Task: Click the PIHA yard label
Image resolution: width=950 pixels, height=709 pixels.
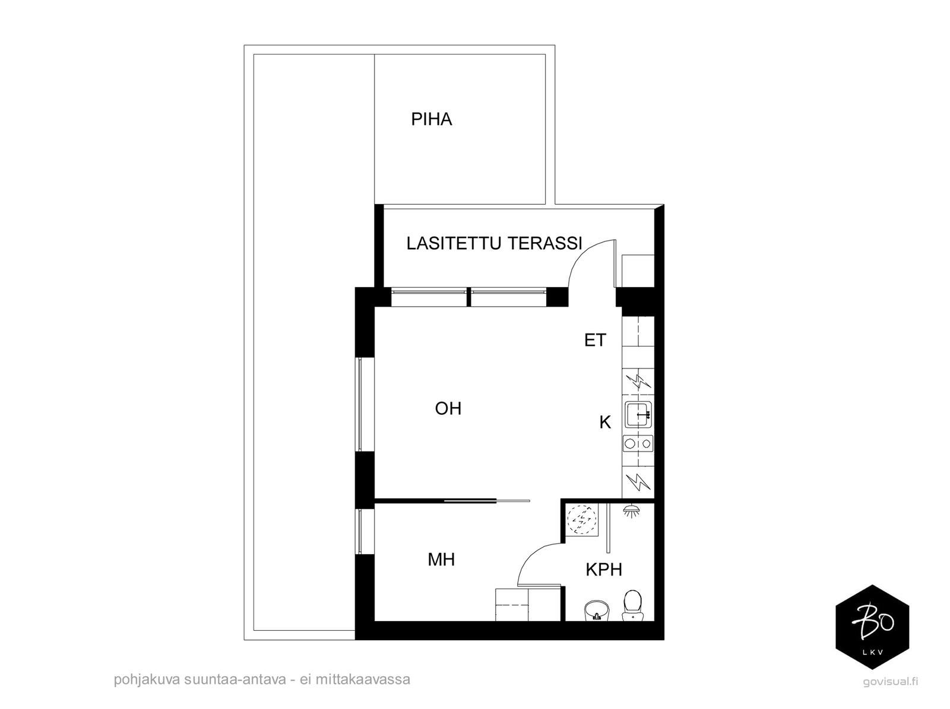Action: click(x=431, y=119)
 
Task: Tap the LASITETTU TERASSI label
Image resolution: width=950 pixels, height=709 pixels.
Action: click(x=494, y=243)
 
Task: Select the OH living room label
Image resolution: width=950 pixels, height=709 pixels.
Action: click(x=448, y=409)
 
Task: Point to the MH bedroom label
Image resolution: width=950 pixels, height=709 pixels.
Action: click(x=441, y=560)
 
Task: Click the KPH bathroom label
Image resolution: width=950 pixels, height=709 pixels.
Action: click(x=604, y=570)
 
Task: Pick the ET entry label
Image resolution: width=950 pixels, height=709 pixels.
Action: click(x=595, y=340)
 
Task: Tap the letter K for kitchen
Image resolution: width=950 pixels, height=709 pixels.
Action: click(x=605, y=422)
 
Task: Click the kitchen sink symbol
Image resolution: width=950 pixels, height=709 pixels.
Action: click(x=638, y=414)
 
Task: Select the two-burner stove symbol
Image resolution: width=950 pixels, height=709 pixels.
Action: click(x=638, y=444)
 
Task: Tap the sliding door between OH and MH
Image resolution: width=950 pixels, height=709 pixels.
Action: click(x=487, y=501)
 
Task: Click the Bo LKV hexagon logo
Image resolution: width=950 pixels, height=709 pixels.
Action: click(x=872, y=627)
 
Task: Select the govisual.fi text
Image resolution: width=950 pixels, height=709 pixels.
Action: click(x=890, y=682)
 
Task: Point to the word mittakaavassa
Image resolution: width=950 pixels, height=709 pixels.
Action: click(x=363, y=679)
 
